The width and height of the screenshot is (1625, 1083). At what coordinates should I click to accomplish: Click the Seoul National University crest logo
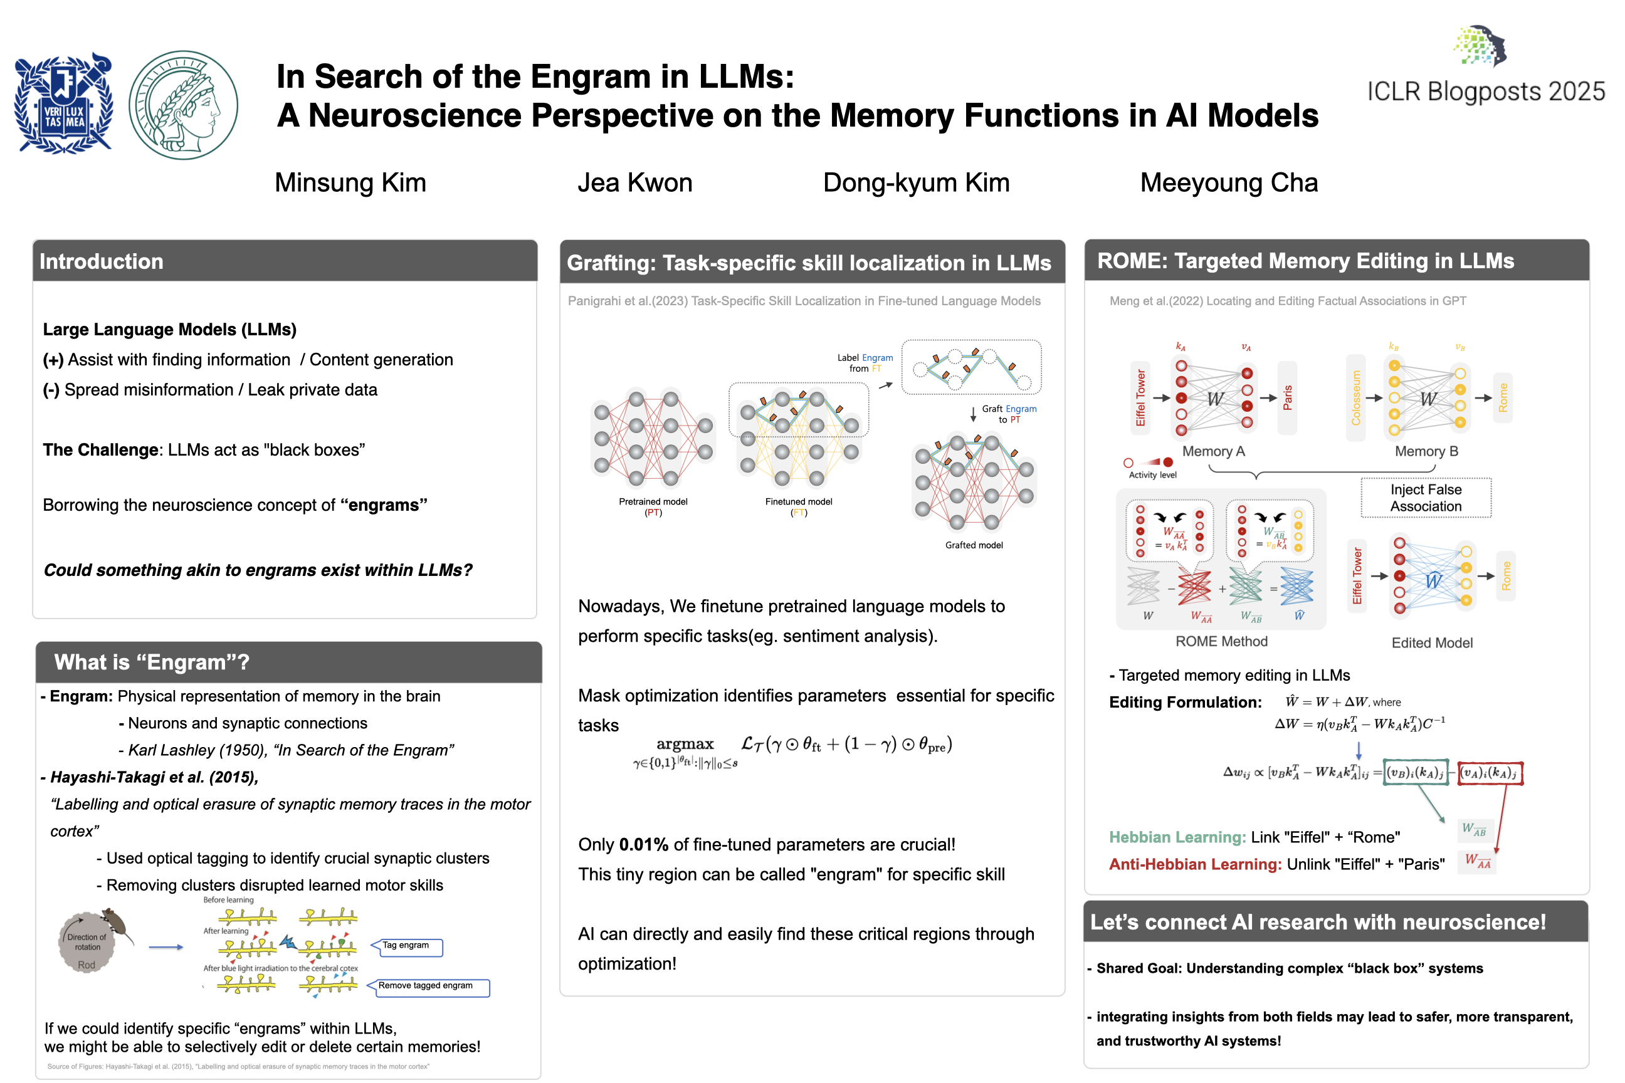(x=63, y=103)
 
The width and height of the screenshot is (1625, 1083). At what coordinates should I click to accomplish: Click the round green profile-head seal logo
(x=183, y=105)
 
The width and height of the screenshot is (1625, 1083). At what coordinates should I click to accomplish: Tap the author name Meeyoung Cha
(x=1228, y=183)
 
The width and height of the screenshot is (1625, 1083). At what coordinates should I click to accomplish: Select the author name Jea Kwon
(x=634, y=183)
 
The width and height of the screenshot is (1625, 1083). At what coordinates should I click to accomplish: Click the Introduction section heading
(x=102, y=261)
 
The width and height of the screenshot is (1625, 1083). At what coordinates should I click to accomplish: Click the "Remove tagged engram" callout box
(x=426, y=986)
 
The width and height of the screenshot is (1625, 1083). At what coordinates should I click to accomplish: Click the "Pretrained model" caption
(x=653, y=502)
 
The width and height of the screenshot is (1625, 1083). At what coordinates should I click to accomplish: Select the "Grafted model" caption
(x=974, y=545)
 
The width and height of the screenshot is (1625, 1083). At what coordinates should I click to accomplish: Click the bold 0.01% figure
(x=643, y=845)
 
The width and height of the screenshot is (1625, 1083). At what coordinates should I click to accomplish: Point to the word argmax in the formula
(x=685, y=744)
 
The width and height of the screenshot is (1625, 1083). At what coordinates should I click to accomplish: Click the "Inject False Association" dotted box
(x=1426, y=498)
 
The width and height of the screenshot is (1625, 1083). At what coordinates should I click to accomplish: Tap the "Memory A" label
(x=1213, y=452)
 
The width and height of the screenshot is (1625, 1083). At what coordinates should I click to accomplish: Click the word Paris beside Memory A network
(x=1287, y=398)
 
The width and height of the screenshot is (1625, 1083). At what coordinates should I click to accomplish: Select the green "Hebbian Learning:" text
(x=1177, y=837)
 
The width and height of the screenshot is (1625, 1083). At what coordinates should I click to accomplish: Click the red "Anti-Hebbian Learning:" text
(x=1194, y=864)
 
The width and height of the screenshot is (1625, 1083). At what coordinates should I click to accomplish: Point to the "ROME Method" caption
(x=1221, y=642)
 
